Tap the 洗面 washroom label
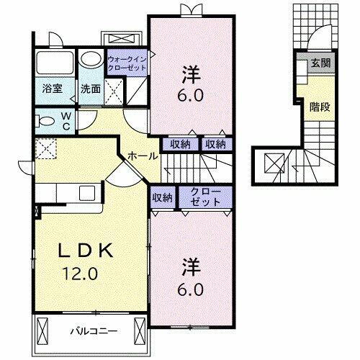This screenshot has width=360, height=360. (x=90, y=90)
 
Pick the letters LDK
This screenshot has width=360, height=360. (x=84, y=251)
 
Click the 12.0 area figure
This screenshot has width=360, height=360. (x=84, y=274)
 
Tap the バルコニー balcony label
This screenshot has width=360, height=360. (x=94, y=331)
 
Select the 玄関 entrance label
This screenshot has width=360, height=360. (x=320, y=63)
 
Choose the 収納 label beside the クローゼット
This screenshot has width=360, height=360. (x=162, y=197)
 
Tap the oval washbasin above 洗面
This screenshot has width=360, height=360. (x=91, y=58)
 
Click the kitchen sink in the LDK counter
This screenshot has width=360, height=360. (x=87, y=192)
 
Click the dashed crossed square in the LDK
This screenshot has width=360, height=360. (x=47, y=149)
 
